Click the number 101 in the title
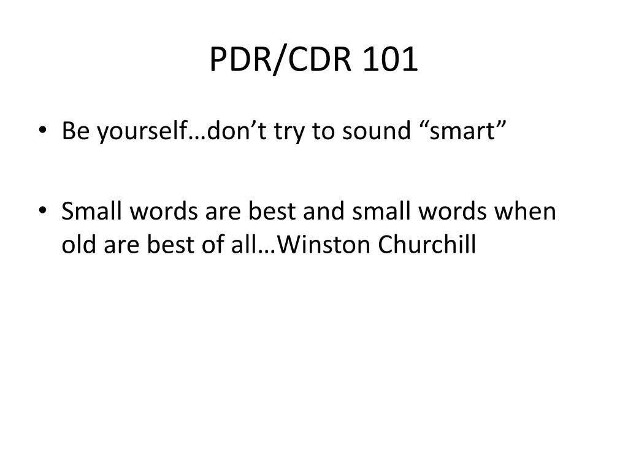[x=390, y=60]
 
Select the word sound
[x=372, y=131]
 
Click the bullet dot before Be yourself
[x=42, y=131]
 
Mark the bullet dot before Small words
[x=42, y=211]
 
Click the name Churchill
[x=427, y=245]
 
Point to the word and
[x=326, y=212]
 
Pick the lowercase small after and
[x=382, y=212]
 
